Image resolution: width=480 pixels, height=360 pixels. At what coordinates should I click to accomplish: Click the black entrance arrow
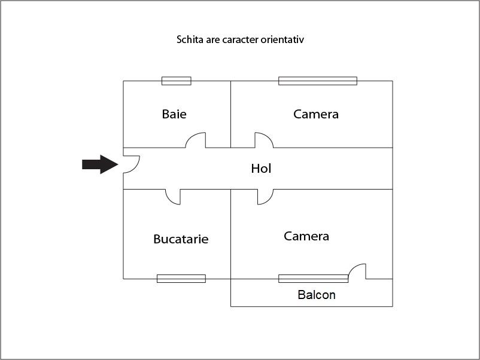[x=100, y=164]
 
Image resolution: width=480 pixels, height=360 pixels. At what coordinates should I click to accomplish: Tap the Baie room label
[x=174, y=114]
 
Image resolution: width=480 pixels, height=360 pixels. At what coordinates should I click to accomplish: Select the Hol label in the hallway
[x=261, y=169]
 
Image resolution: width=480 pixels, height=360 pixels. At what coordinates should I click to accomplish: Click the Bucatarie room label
[x=181, y=239]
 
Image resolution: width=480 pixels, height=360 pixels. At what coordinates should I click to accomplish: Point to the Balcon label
[x=317, y=295]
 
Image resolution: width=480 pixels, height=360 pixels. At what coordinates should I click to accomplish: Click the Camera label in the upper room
[x=316, y=114]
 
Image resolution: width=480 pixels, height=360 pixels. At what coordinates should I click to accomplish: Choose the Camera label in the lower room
[x=306, y=236]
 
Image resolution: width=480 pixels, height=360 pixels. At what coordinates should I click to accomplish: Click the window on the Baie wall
[x=177, y=81]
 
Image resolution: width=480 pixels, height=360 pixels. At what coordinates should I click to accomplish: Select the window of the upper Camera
[x=318, y=81]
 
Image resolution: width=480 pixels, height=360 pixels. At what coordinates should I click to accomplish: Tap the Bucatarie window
[x=181, y=279]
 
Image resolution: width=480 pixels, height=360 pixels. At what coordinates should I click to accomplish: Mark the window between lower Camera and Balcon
[x=313, y=279]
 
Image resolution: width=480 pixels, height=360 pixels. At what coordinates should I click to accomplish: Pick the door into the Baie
[x=196, y=140]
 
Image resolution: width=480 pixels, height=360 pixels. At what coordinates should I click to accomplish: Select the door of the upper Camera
[x=264, y=140]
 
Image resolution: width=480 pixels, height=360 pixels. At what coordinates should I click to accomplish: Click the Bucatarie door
[x=173, y=197]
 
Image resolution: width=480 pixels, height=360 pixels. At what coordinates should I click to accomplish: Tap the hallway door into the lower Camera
[x=265, y=197]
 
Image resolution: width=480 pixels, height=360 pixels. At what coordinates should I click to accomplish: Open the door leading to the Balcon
[x=357, y=271]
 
